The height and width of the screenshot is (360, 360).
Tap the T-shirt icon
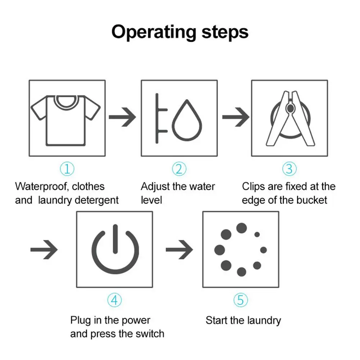(x=67, y=118)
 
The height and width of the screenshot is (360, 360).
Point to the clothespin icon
(x=290, y=118)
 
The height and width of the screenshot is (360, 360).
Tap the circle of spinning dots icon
(x=241, y=249)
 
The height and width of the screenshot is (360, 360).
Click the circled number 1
(x=67, y=168)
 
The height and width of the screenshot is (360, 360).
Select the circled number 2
(x=179, y=168)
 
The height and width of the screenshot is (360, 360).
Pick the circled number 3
(x=290, y=168)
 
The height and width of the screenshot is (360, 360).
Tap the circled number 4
(x=114, y=300)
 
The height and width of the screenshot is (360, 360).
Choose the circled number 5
(x=241, y=300)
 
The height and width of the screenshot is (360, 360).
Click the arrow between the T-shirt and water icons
(x=122, y=118)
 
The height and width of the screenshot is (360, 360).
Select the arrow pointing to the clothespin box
(x=236, y=118)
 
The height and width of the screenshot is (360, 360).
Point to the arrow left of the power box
(x=44, y=249)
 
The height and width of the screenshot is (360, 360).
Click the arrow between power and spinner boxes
(x=179, y=249)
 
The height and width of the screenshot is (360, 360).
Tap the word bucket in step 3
(x=311, y=200)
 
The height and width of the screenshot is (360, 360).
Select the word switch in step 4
(x=148, y=333)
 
